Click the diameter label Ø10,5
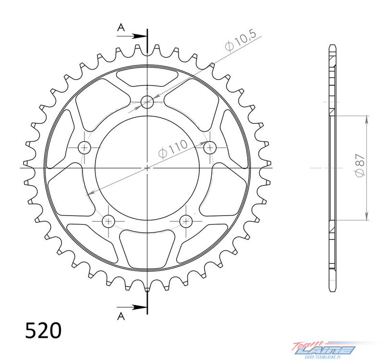point(240,40)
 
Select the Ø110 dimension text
point(173,149)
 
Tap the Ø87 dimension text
point(360,165)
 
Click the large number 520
point(43,330)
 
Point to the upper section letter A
point(121,28)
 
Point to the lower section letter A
point(121,316)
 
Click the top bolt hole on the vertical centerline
point(147,102)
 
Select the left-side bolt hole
point(84,148)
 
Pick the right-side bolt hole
point(210,148)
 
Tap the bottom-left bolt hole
point(108,221)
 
